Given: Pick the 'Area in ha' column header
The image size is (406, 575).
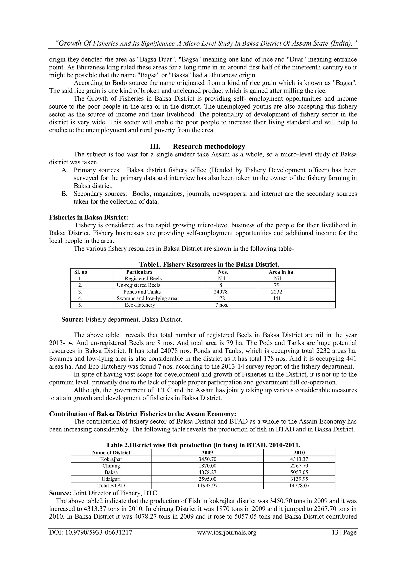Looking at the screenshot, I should coord(281,272).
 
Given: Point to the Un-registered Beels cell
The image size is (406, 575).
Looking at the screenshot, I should coord(138,285).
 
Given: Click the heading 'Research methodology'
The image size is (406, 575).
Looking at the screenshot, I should coord(209,146).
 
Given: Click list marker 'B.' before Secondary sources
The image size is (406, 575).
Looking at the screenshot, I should coord(65,194).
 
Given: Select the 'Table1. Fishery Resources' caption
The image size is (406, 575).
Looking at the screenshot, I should coord(209,264).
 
